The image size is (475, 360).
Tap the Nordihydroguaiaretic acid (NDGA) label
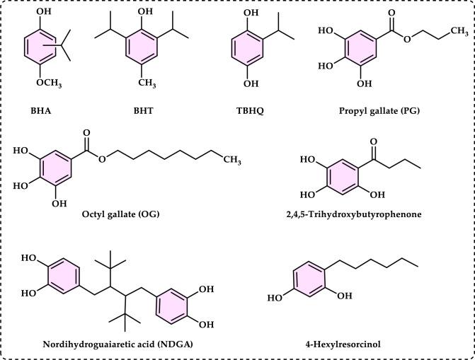tap(103, 344)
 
